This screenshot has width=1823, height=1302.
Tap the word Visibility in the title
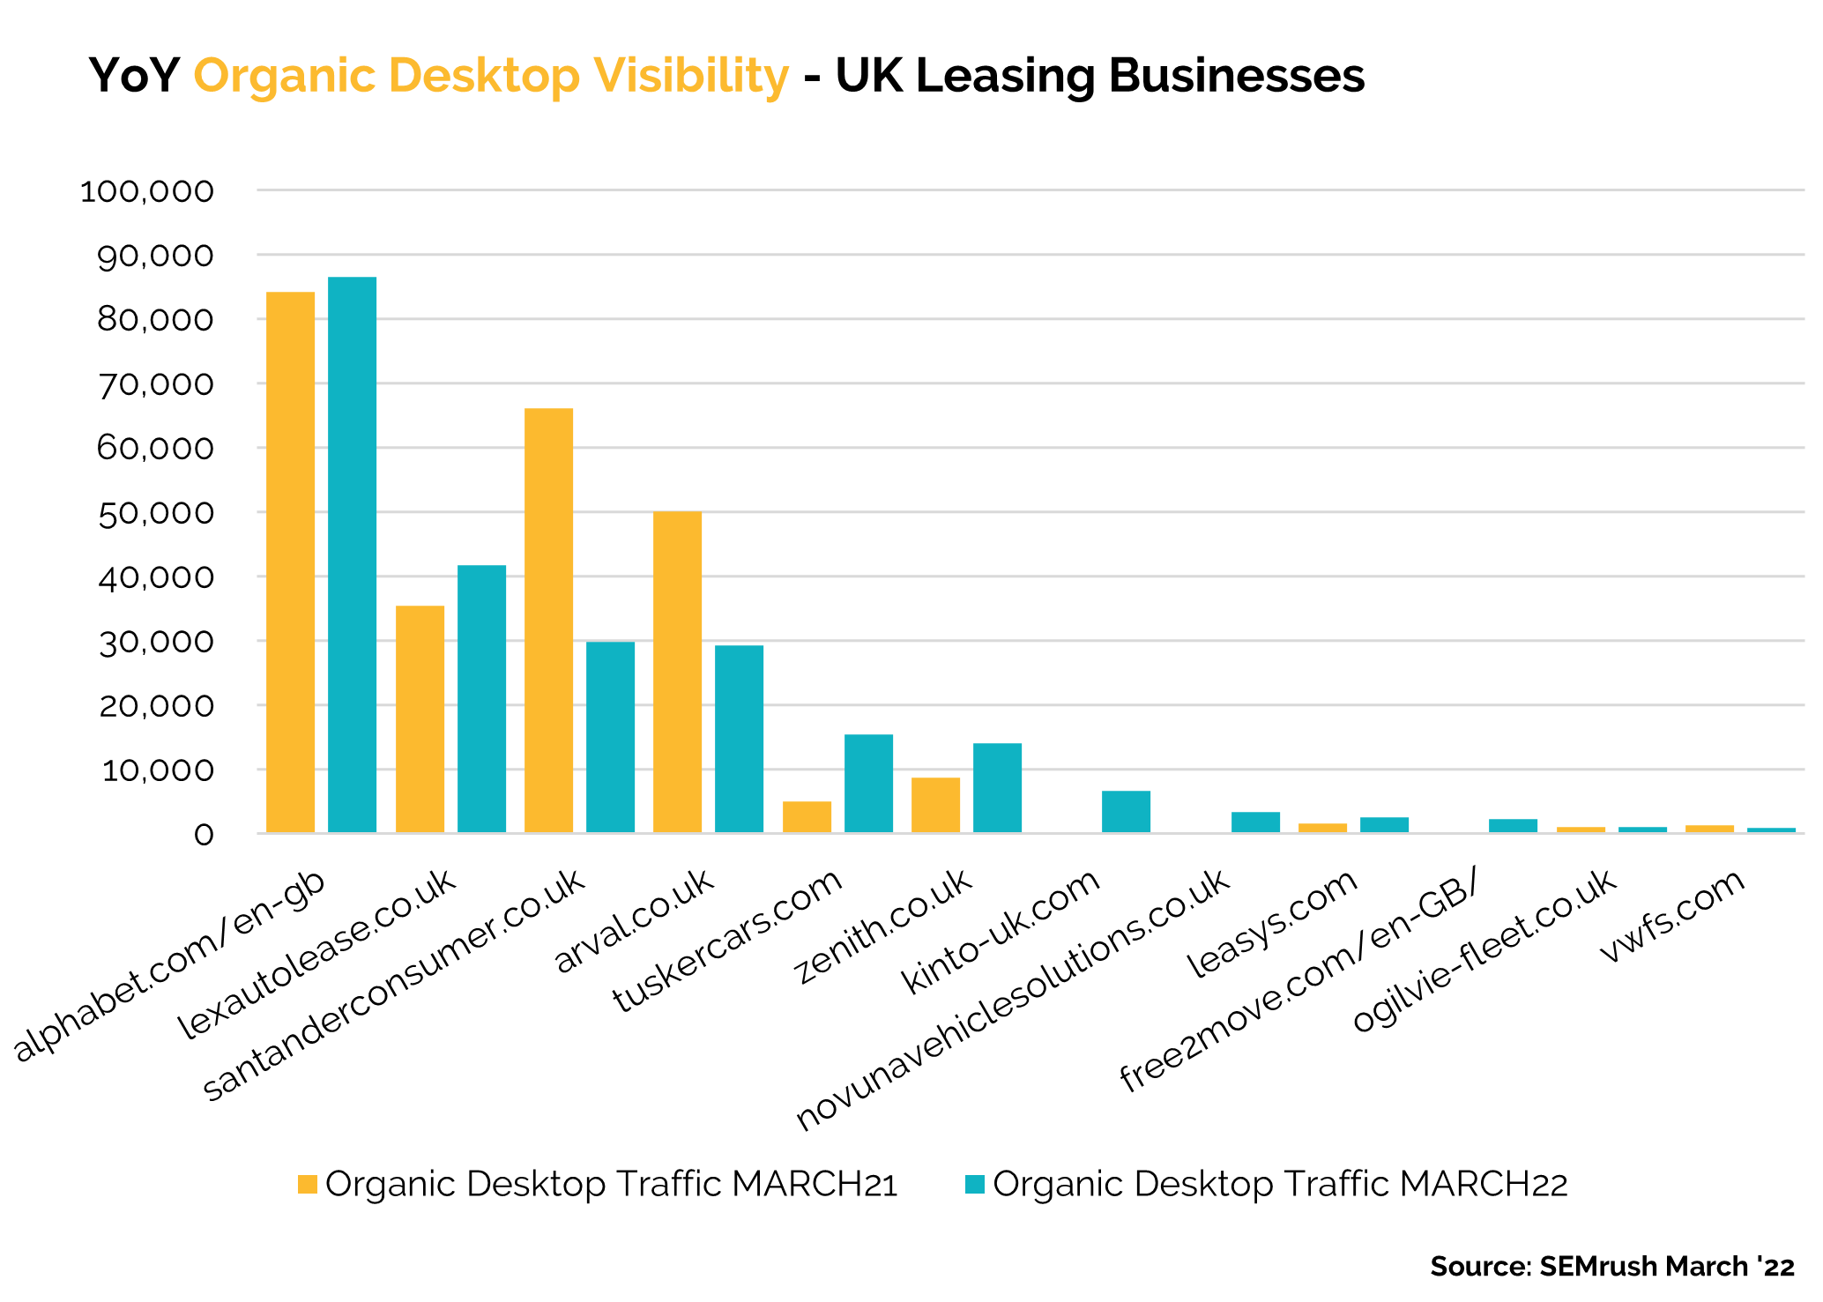[691, 76]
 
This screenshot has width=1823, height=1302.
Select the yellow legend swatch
[308, 1184]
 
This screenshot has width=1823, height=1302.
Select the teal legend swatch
[975, 1184]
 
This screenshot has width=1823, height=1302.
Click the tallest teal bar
[353, 555]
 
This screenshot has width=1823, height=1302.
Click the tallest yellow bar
[291, 562]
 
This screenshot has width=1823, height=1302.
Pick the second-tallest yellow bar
[549, 621]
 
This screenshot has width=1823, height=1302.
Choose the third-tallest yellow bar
[678, 672]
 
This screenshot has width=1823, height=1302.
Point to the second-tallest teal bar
[482, 699]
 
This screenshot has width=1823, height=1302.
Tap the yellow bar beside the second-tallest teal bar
[420, 719]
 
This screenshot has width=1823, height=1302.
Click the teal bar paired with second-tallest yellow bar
[611, 737]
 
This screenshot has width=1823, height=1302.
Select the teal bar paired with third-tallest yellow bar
[740, 739]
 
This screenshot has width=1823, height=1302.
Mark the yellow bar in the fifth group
[807, 817]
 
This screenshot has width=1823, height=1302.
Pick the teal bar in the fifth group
[869, 784]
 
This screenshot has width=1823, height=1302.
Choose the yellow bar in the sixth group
[936, 805]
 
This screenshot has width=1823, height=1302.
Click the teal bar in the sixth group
[998, 788]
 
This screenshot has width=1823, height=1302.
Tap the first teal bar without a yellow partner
[1127, 812]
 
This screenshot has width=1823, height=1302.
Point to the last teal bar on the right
[1772, 830]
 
